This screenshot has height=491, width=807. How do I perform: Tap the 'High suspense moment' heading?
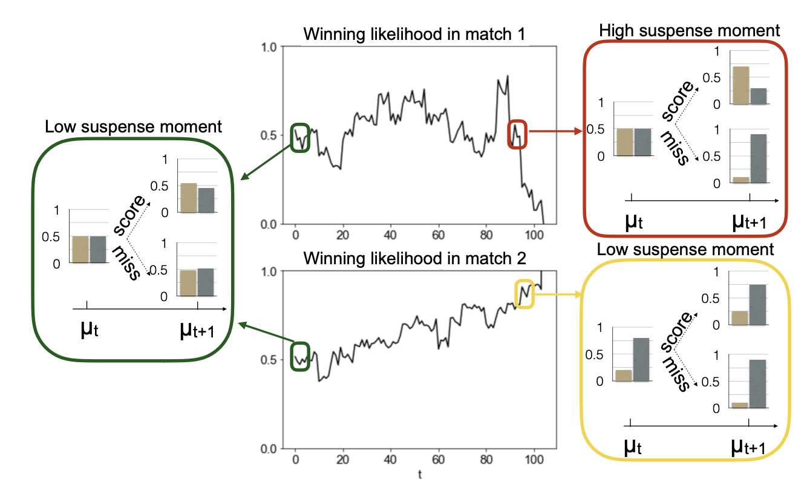pos(689,30)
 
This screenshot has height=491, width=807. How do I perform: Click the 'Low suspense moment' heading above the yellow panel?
pos(685,249)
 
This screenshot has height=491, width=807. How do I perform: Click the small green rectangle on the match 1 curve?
pos(301,137)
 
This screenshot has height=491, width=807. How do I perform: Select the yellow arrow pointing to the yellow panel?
pos(557,294)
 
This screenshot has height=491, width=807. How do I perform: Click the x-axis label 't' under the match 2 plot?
pos(420,475)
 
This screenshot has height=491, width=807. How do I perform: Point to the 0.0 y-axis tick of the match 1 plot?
pos(269,224)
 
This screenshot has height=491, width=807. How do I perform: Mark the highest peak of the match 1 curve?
pos(508,76)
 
